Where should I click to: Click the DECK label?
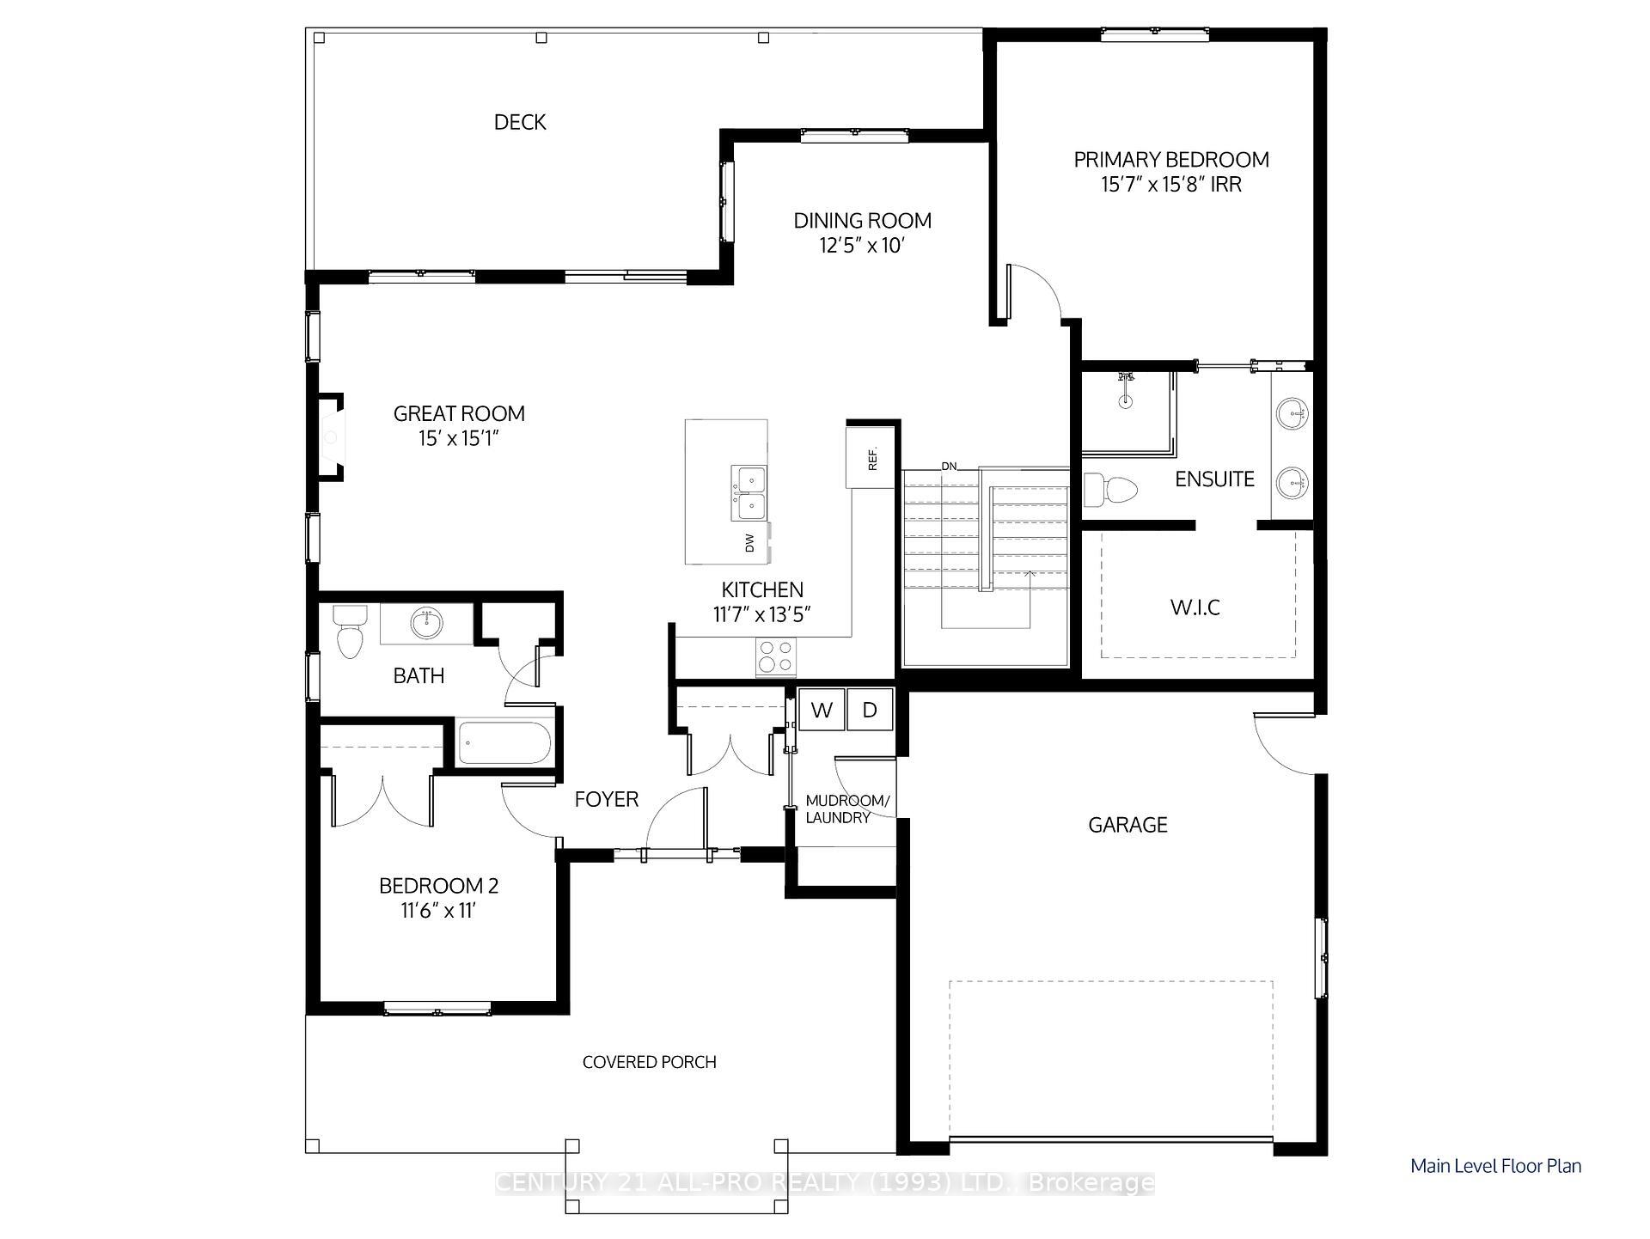point(520,122)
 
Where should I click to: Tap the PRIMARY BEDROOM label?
point(1171,160)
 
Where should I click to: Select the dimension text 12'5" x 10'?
point(862,246)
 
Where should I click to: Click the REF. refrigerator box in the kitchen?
point(871,458)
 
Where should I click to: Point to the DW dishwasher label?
point(749,543)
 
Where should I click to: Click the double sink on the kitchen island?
point(749,493)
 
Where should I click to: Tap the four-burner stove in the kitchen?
point(775,656)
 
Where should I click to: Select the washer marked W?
point(822,710)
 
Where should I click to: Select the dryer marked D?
point(870,710)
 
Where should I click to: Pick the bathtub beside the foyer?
point(504,743)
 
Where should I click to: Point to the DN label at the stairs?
point(949,467)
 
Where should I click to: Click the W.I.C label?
point(1195,607)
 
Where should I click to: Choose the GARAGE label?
point(1127,825)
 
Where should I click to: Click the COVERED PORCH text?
point(649,1062)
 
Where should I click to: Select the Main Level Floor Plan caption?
point(1495,1166)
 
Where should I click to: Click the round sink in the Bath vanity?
point(426,622)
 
